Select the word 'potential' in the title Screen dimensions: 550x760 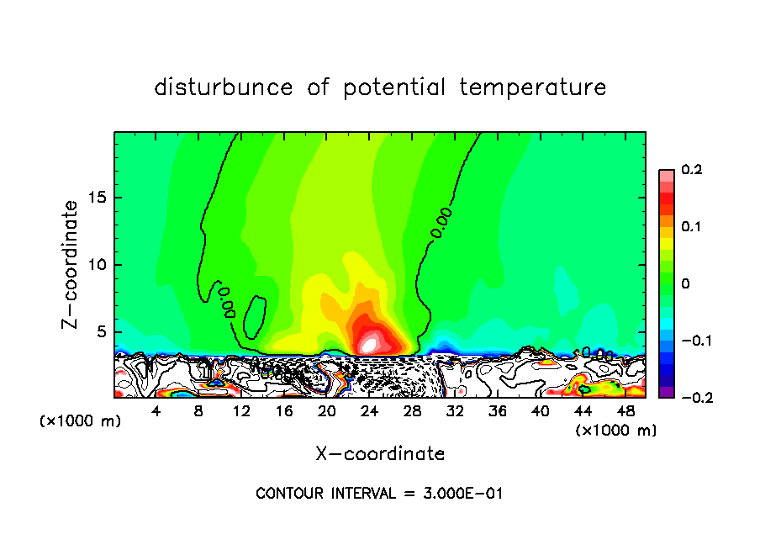pos(394,87)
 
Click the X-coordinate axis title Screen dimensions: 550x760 pos(380,454)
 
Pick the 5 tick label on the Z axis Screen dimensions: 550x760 pos(102,331)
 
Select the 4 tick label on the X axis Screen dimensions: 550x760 pos(156,411)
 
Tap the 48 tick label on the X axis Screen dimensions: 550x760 pos(625,411)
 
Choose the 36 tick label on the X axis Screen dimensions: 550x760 pos(498,411)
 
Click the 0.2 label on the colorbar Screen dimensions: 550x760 pos(691,170)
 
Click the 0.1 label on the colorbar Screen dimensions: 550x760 pos(691,227)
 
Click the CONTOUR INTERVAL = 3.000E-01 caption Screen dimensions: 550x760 pos(379,494)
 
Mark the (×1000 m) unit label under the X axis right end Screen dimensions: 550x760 pos(615,431)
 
